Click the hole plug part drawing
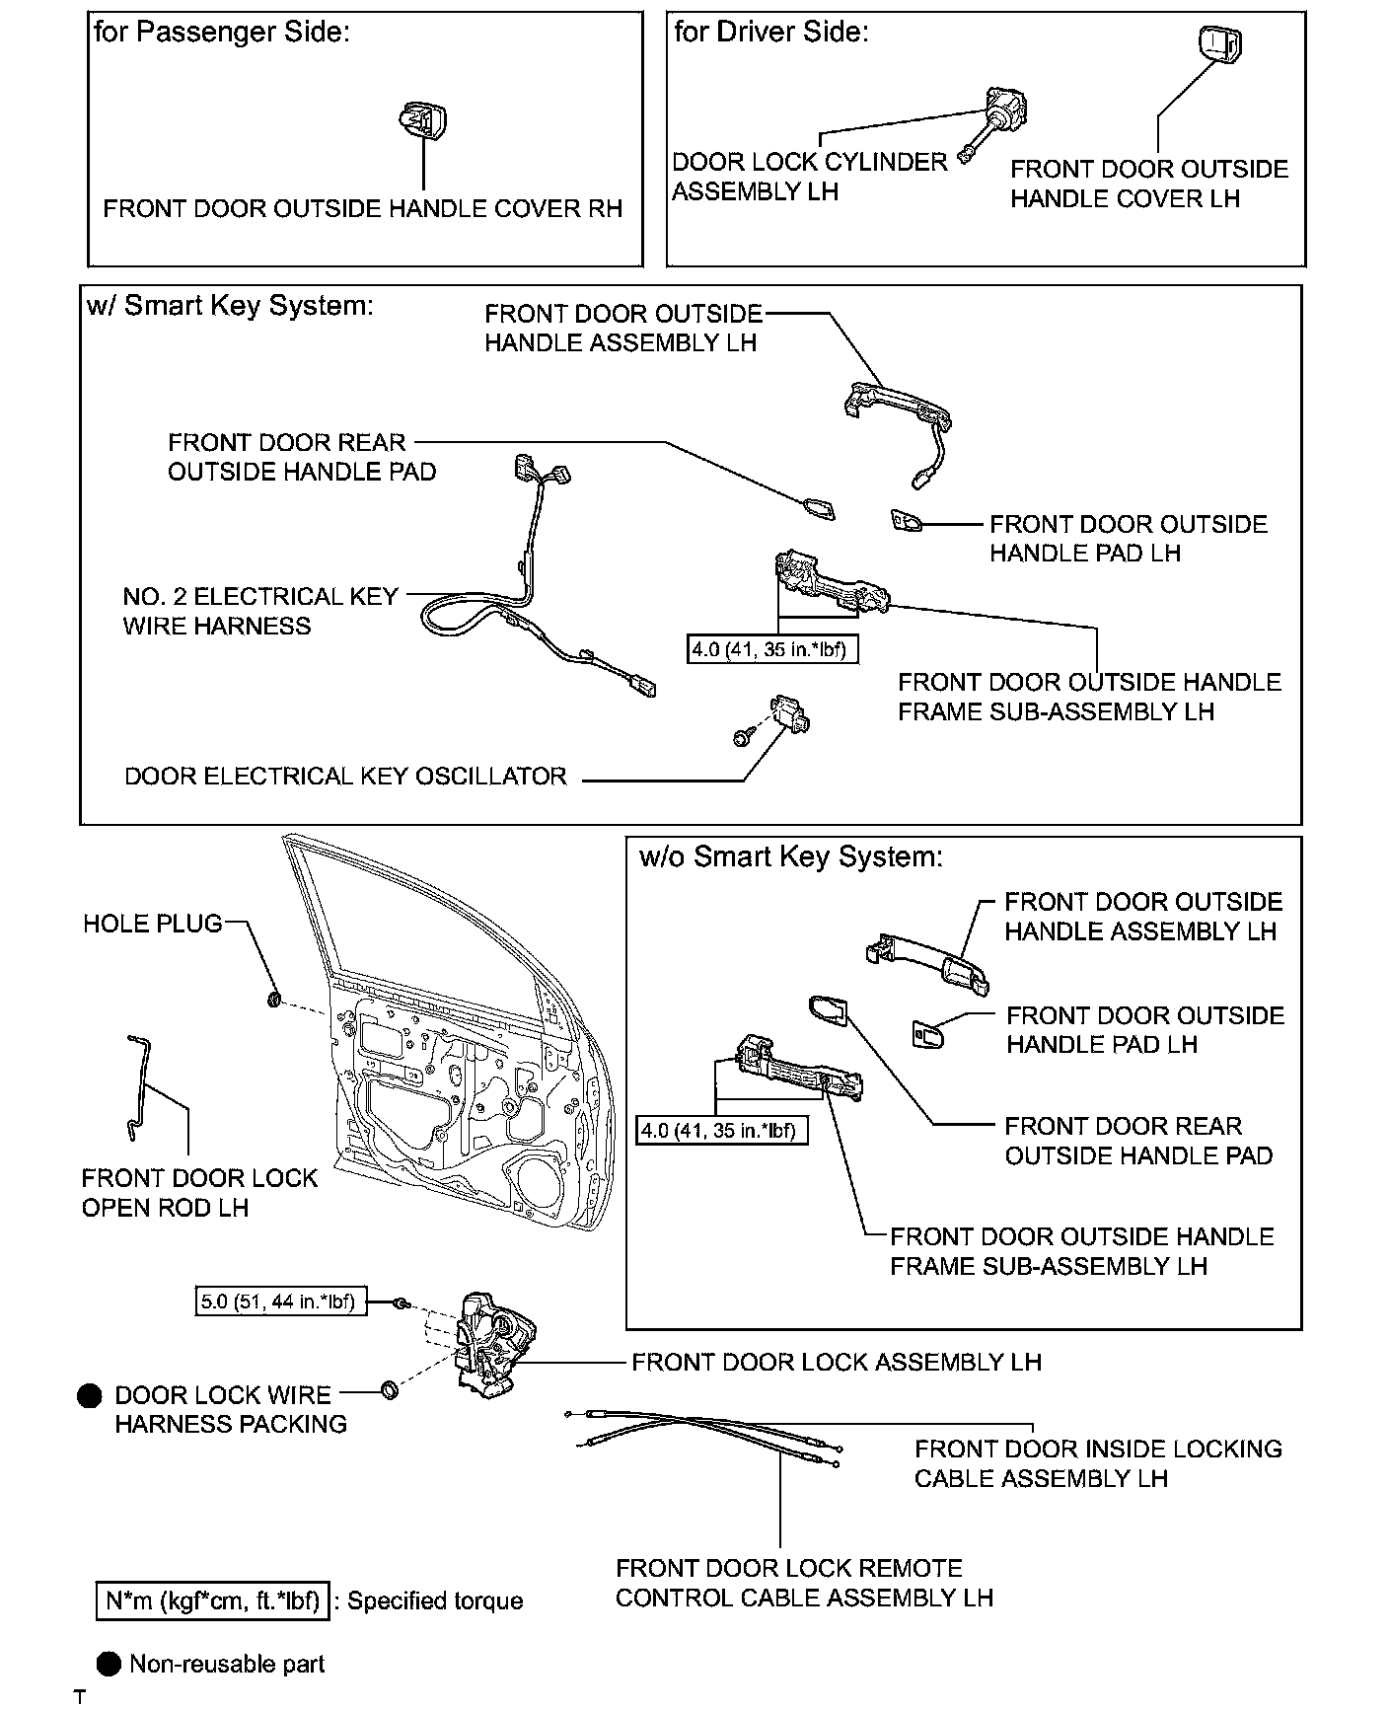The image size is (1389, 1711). click(275, 1001)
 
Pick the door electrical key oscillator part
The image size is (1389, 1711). click(792, 713)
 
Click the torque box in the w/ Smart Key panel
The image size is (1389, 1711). click(770, 649)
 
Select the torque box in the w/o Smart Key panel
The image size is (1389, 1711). click(721, 1130)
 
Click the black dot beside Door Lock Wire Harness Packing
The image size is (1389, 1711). click(91, 1395)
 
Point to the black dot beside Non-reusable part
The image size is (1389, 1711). click(110, 1664)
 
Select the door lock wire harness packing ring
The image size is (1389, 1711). click(391, 1391)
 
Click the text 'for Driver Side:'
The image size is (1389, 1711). click(770, 33)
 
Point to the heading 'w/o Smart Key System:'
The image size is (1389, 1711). click(791, 856)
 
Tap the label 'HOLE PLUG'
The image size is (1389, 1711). click(153, 924)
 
